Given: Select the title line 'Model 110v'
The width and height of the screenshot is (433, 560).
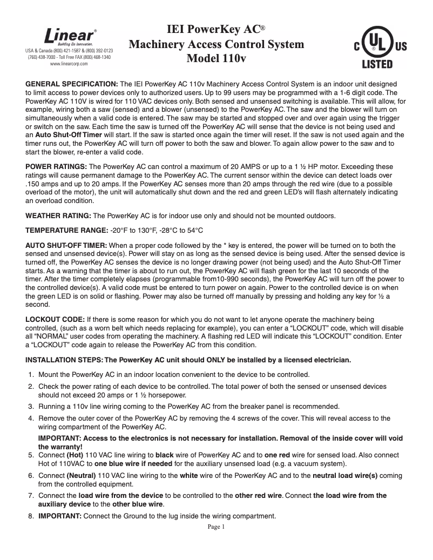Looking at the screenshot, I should (x=216, y=59).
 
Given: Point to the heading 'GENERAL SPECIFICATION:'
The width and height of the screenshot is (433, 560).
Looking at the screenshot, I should (x=72, y=85).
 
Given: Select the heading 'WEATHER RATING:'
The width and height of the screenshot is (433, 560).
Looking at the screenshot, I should (x=59, y=216).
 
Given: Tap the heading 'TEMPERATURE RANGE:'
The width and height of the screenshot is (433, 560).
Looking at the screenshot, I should (x=67, y=231).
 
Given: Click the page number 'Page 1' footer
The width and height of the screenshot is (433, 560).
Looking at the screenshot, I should (x=216, y=527).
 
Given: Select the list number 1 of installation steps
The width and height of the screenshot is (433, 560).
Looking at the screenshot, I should (x=31, y=375).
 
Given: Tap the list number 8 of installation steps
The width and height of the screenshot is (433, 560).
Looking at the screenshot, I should (x=31, y=516).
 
